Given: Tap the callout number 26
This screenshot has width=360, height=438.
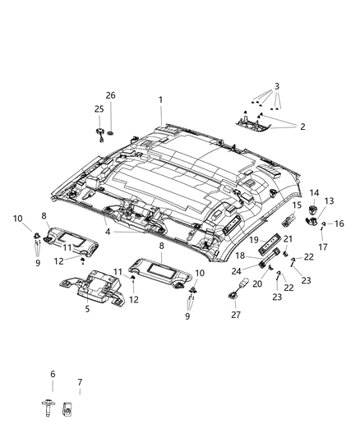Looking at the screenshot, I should point(110,95).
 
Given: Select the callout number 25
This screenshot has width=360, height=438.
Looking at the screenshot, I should point(99,109).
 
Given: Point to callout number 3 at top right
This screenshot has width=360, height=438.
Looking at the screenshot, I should point(277,85).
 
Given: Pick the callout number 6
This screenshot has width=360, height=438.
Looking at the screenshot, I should point(52,374).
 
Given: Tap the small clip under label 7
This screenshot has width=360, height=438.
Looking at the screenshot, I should point(78,406).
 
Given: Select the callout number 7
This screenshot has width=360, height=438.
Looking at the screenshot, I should point(79,383).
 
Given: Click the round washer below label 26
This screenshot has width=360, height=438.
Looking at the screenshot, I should point(113,131).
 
